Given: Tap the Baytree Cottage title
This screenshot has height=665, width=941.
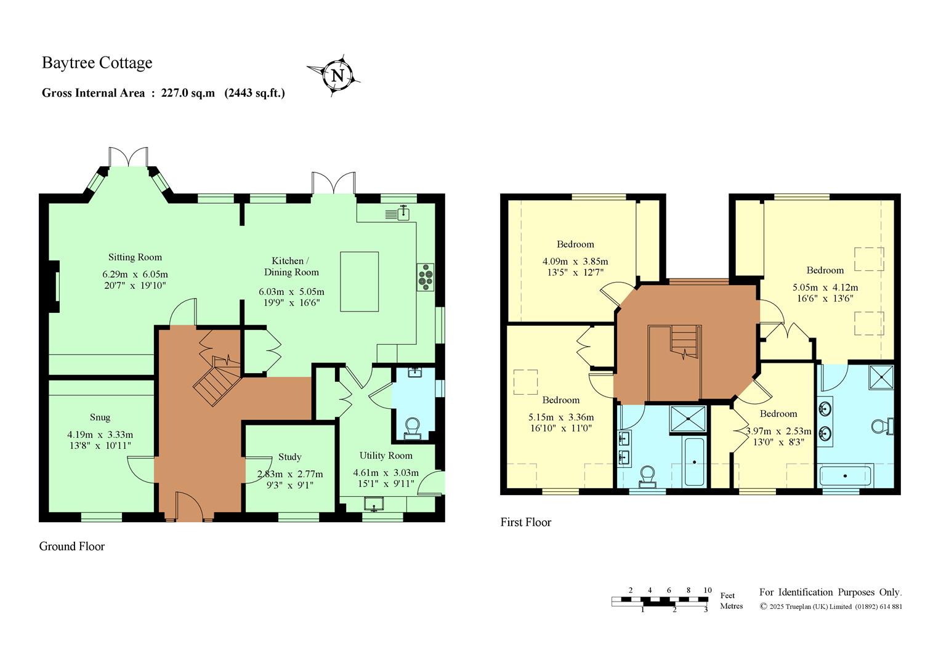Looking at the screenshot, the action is coord(97,63).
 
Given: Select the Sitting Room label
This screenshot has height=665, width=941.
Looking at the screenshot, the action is coord(135,257).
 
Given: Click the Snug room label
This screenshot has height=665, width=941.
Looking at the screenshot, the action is coord(100,417).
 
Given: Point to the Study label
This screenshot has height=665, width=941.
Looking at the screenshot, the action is coord(290,457).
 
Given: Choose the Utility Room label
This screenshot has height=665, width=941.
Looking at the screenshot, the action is coord(386,456).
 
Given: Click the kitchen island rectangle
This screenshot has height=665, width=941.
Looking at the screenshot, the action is coord(359,281).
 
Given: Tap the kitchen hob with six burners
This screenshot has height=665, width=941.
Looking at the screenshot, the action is coord(426,277).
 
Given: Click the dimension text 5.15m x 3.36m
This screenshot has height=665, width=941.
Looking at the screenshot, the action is coord(561,417).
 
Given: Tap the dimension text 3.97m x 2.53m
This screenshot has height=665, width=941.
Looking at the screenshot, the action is coord(778,431).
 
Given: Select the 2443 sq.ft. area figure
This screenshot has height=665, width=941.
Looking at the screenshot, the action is coord(254,93).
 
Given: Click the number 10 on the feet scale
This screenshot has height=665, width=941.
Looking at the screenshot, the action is coord(708,590).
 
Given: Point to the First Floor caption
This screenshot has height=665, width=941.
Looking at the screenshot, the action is coord(525,522).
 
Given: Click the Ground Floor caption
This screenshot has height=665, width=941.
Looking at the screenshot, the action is coord(72,546).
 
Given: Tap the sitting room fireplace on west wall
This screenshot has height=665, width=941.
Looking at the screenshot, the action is coord(54,287).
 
